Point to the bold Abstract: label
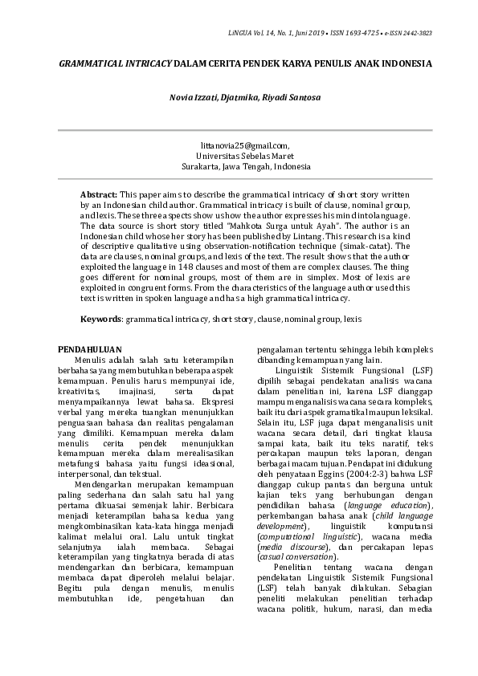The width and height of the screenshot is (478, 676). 98,195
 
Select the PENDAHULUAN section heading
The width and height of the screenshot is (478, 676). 92,349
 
